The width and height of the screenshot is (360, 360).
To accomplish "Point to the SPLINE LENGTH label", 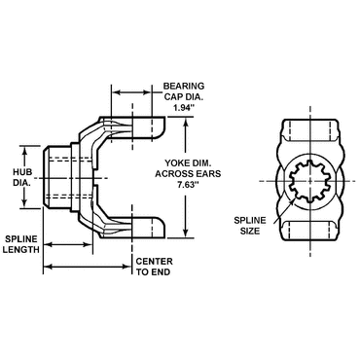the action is pyautogui.click(x=20, y=242).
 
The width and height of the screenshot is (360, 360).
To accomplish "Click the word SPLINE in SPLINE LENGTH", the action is pyautogui.click(x=20, y=236).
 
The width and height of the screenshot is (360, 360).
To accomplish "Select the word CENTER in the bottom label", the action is pyautogui.click(x=153, y=263).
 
